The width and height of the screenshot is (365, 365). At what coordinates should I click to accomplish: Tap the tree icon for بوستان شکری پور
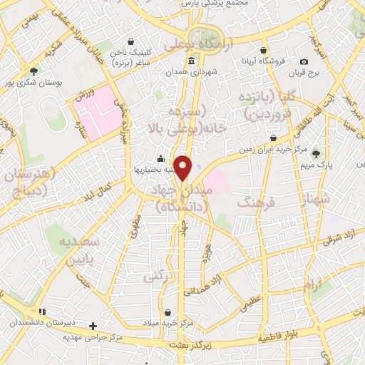pos(34,71)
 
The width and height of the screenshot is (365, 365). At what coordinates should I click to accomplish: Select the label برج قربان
pos(307,73)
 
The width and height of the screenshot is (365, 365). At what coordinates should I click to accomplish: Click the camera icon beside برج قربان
pos(305,62)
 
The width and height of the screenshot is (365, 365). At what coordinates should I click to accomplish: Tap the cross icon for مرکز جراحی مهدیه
pos(93,326)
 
